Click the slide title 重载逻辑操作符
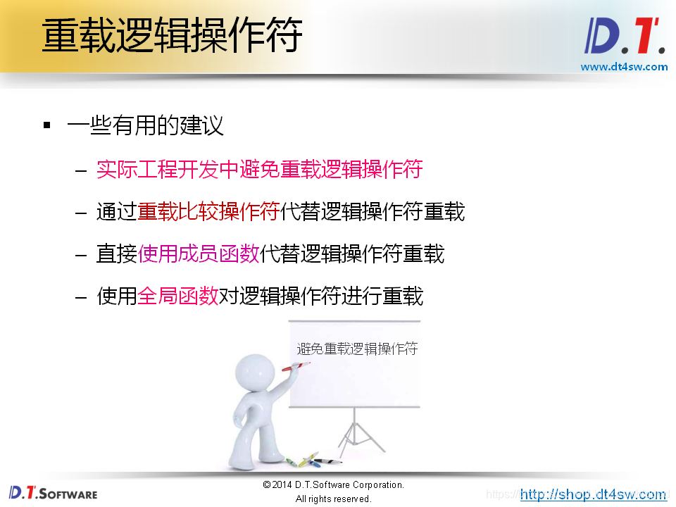173,35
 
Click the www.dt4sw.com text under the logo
624,67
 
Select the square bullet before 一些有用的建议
47,126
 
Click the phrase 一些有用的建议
146,126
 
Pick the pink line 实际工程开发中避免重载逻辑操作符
259,170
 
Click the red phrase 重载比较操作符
208,212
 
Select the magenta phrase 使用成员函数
199,254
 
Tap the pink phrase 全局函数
178,296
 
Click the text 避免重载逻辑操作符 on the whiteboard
357,349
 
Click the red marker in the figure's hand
296,366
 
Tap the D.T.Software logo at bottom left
53,492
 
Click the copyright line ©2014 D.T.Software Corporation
333,485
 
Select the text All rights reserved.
333,499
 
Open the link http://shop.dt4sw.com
593,494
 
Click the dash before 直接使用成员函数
82,254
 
